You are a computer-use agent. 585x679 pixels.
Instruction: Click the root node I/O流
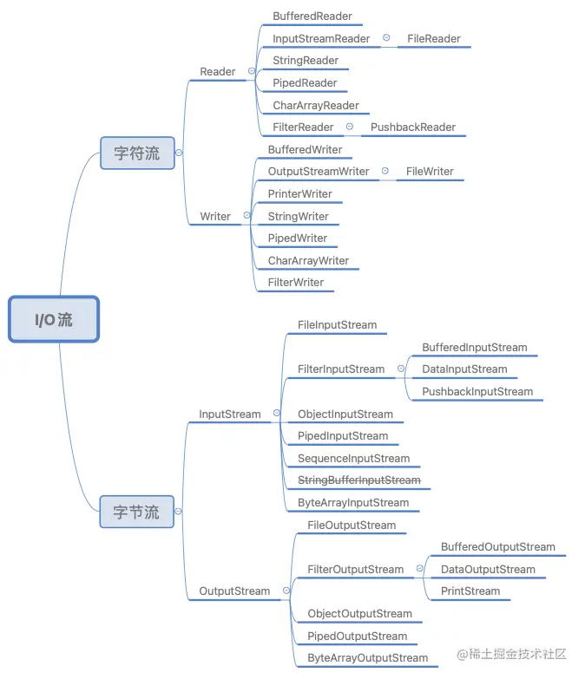(x=54, y=319)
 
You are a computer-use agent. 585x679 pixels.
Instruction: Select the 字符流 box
(x=136, y=153)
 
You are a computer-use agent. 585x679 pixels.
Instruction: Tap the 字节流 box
(x=136, y=512)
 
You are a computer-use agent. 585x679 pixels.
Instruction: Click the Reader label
(x=217, y=72)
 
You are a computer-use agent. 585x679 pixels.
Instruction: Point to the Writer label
(x=215, y=216)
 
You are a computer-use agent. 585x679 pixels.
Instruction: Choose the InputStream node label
(x=229, y=415)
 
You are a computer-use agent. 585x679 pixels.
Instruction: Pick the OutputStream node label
(x=234, y=591)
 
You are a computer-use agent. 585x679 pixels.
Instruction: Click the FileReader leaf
(x=433, y=39)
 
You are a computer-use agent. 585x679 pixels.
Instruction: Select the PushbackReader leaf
(x=412, y=127)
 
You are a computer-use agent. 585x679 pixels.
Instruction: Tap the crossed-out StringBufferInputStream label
(x=358, y=480)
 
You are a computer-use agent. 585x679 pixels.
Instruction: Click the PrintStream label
(x=470, y=591)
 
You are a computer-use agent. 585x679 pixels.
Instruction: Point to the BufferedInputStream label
(x=474, y=348)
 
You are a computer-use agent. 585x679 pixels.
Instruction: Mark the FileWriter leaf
(x=430, y=172)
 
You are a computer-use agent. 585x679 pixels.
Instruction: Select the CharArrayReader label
(x=315, y=106)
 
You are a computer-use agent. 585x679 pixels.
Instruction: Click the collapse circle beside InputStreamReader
(x=386, y=38)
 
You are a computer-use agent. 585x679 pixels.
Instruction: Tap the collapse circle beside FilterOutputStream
(x=420, y=569)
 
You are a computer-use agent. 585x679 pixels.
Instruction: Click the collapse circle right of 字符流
(x=179, y=153)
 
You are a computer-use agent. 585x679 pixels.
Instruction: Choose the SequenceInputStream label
(x=353, y=459)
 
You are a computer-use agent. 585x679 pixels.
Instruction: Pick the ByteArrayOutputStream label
(x=367, y=658)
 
